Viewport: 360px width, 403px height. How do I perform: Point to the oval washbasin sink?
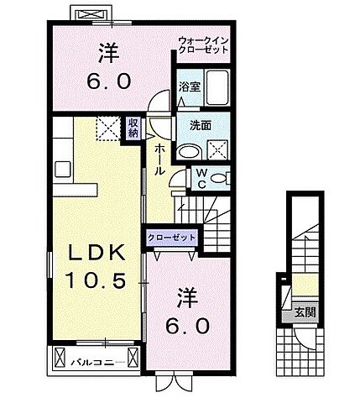(188, 152)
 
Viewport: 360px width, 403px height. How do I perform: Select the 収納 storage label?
(133, 128)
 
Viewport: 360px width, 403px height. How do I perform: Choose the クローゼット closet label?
(173, 238)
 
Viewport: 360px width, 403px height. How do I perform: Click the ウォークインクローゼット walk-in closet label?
(202, 44)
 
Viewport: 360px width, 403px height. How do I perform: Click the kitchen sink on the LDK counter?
(64, 168)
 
